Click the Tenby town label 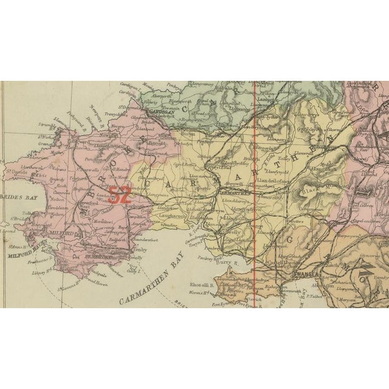coord(140,248)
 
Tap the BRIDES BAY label coord(15,198)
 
